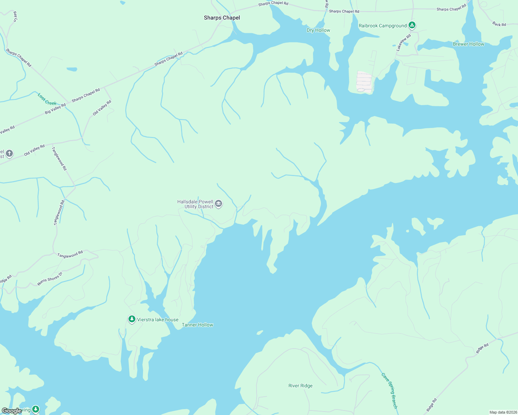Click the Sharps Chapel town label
[222, 18]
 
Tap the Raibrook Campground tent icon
[412, 25]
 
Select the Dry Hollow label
[318, 30]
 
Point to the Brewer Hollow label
[468, 44]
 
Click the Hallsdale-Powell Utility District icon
[218, 204]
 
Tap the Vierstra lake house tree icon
[132, 319]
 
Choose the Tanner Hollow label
[197, 325]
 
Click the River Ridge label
[300, 386]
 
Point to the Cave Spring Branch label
[390, 390]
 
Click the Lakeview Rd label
[403, 43]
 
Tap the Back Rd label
[499, 24]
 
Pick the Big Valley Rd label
[55, 109]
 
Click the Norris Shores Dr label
[50, 279]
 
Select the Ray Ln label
[15, 17]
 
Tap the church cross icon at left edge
[9, 153]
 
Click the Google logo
[11, 411]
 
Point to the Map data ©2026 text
[502, 412]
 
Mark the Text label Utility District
[199, 206]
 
